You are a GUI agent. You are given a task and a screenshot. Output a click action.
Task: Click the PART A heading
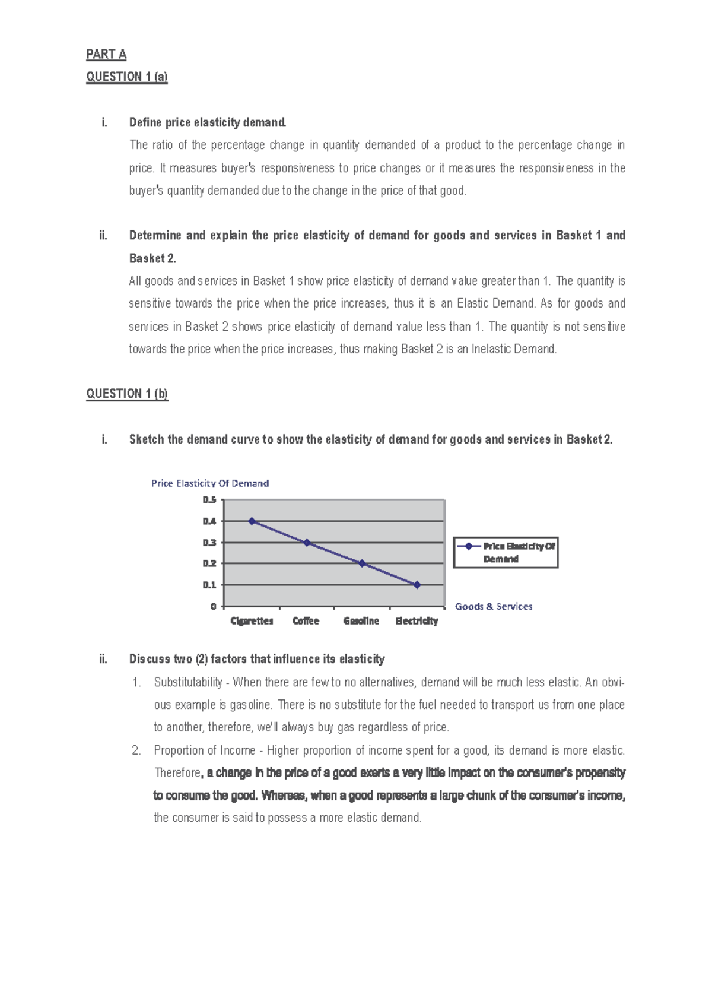[x=106, y=54]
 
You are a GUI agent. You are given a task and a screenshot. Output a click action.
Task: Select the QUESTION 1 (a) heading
[x=127, y=77]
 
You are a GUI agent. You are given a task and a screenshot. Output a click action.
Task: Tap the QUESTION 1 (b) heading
[x=127, y=394]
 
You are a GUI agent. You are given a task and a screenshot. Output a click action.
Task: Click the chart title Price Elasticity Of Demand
[x=210, y=483]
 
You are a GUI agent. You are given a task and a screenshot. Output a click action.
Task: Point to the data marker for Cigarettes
[x=252, y=521]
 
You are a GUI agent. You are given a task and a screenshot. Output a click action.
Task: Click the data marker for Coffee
[x=307, y=543]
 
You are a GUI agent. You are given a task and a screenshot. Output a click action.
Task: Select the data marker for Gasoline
[x=362, y=563]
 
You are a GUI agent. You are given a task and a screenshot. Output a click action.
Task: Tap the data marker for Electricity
[x=417, y=585]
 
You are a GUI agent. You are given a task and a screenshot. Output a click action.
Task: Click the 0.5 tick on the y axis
[x=209, y=500]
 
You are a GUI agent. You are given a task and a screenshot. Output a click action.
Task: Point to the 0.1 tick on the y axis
[x=209, y=585]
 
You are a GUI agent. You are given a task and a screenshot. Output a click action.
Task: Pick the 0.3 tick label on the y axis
[x=209, y=543]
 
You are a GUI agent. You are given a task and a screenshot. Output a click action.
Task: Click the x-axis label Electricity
[x=417, y=621]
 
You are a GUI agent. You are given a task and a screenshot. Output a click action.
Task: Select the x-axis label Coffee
[x=306, y=621]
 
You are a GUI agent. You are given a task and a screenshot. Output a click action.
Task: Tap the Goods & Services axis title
[x=494, y=606]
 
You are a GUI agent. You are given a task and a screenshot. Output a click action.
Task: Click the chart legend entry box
[x=506, y=553]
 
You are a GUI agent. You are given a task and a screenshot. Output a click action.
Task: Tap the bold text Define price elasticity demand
[x=208, y=122]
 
